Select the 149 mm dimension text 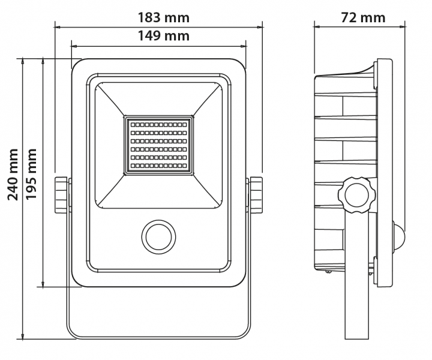click(x=159, y=35)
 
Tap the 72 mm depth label click(x=363, y=17)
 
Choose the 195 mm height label click(x=31, y=174)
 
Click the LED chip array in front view click(x=159, y=145)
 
